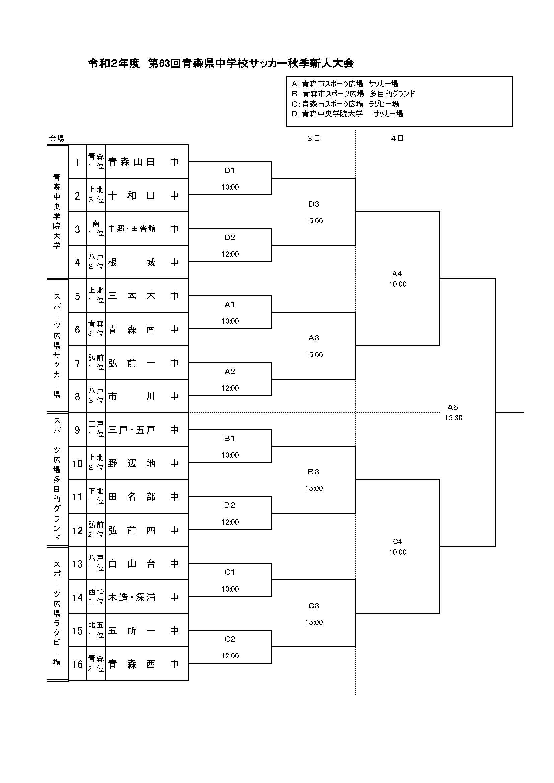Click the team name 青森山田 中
(143, 162)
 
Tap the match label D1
(230, 170)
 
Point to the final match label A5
(453, 407)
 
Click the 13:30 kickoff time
(454, 418)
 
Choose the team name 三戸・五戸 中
(143, 430)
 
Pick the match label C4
(398, 542)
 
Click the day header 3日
(314, 138)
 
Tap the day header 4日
(398, 138)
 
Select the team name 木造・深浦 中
(143, 598)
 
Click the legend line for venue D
(348, 114)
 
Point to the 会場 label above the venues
(57, 138)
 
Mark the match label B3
(314, 472)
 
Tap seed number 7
(77, 363)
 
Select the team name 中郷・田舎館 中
(143, 229)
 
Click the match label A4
(397, 273)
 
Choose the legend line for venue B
(353, 94)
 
